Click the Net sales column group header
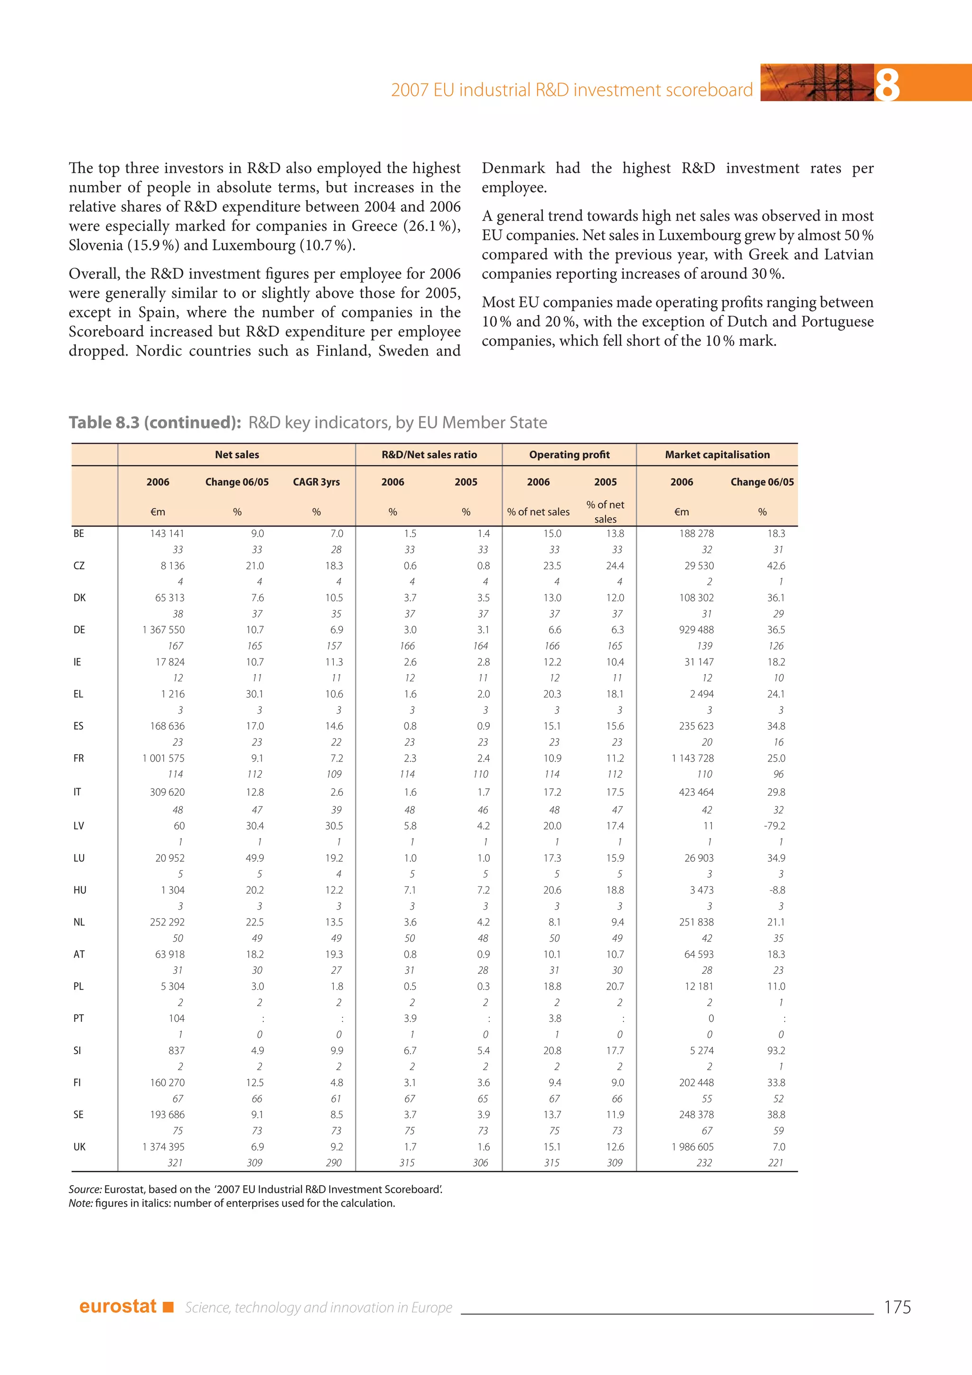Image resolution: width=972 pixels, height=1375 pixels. tap(237, 454)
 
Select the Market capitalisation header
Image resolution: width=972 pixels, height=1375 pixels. tap(717, 454)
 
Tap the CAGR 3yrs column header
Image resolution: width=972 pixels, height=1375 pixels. tap(316, 482)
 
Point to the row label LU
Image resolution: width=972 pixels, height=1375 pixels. tap(79, 858)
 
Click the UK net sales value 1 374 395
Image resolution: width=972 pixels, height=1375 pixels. tap(163, 1147)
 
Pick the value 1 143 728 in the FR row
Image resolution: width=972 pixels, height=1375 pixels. tap(692, 758)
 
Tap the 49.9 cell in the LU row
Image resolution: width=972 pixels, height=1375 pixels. tap(255, 858)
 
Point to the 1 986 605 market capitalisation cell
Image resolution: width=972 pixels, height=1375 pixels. tap(692, 1147)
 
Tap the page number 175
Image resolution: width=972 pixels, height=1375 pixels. tap(897, 1307)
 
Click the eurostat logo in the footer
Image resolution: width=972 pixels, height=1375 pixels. tap(119, 1306)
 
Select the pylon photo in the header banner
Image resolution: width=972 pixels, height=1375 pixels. tap(816, 83)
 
